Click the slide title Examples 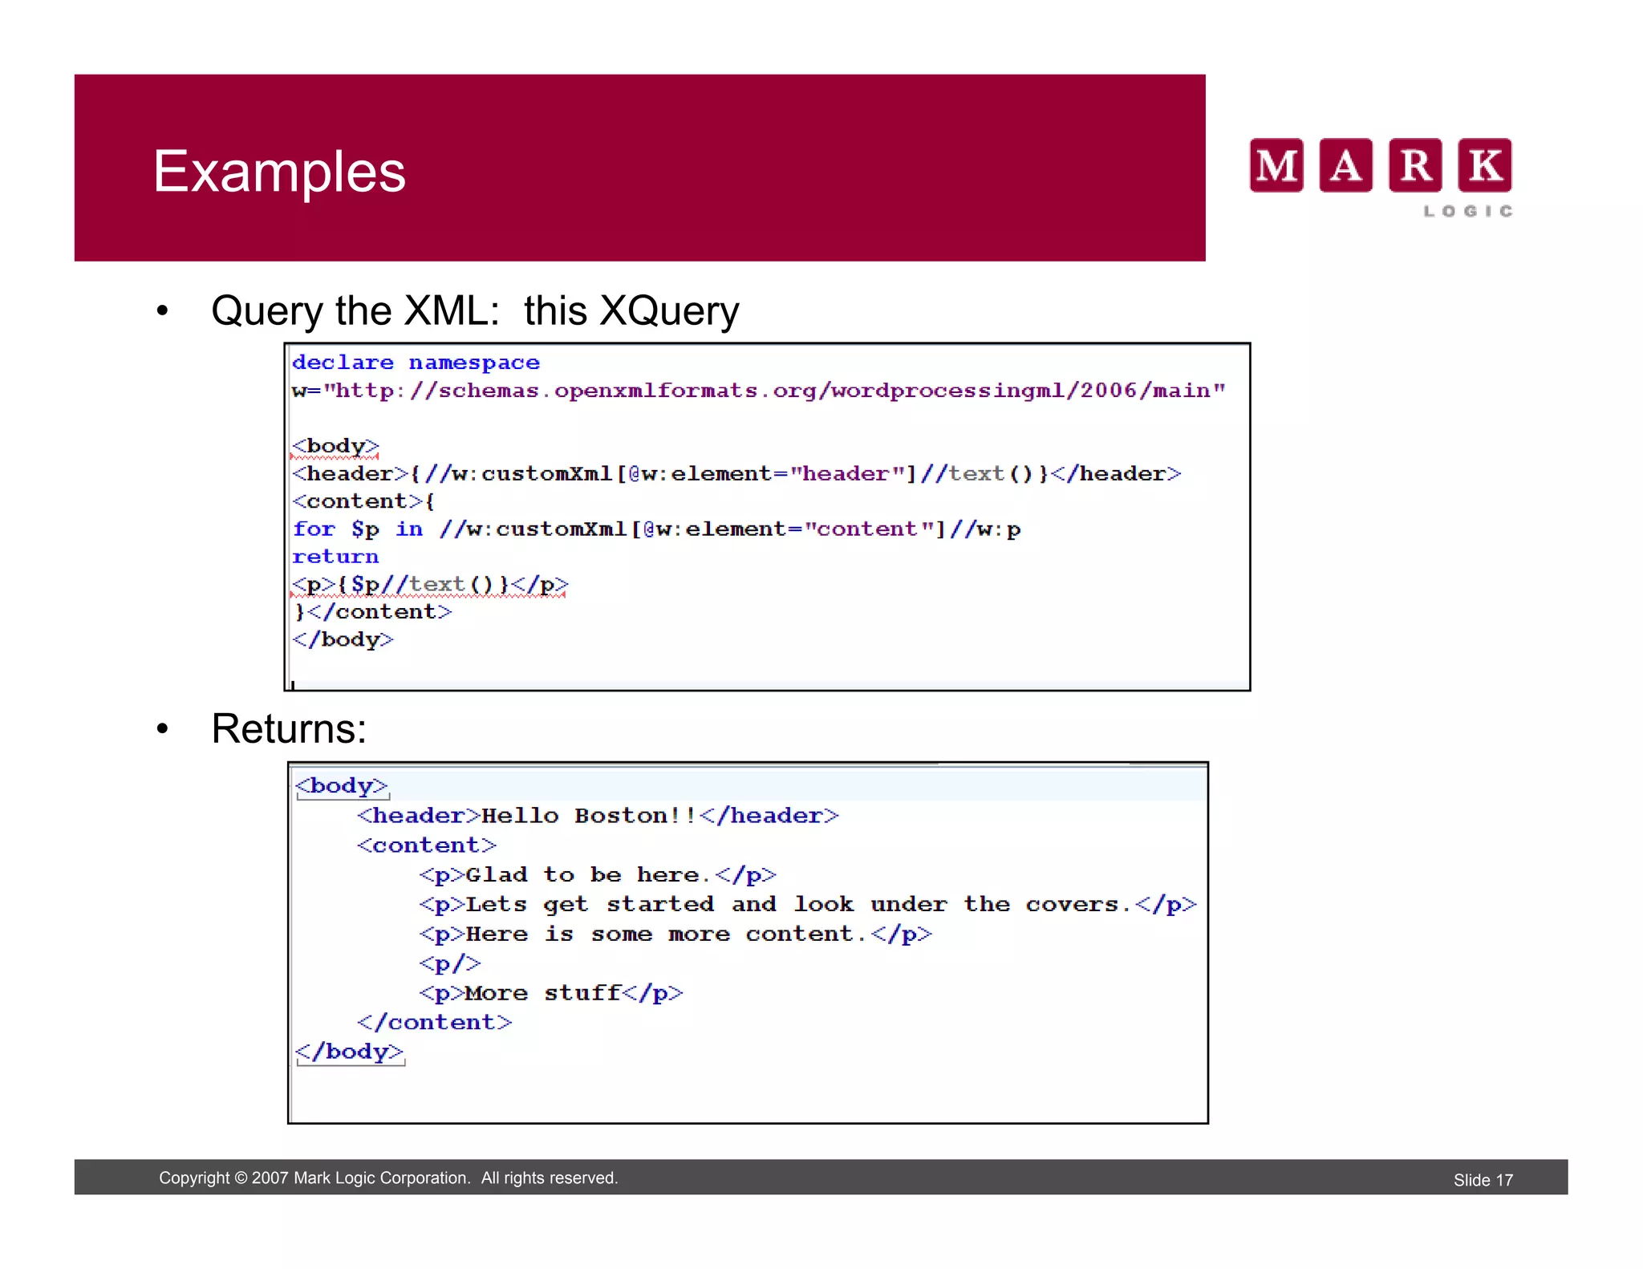[279, 172]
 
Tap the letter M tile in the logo [1276, 165]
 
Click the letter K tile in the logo [1484, 165]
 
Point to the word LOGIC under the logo [1468, 211]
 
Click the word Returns [288, 729]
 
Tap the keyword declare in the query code [343, 363]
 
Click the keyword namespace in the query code [474, 363]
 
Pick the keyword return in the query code [335, 557]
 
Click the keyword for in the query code [314, 529]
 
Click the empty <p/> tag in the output [450, 963]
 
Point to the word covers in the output [1072, 905]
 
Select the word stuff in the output [583, 993]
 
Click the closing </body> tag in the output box [350, 1052]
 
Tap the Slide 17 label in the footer [1483, 1180]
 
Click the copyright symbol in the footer [241, 1178]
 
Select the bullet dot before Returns [163, 729]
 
